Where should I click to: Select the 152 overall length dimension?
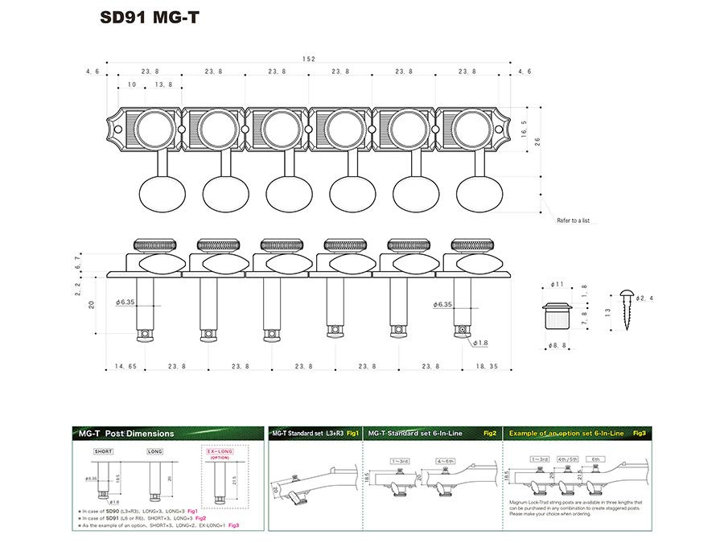click(310, 59)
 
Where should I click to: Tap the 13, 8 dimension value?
click(163, 84)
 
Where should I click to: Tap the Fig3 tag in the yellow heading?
click(639, 433)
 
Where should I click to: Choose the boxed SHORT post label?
click(103, 452)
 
